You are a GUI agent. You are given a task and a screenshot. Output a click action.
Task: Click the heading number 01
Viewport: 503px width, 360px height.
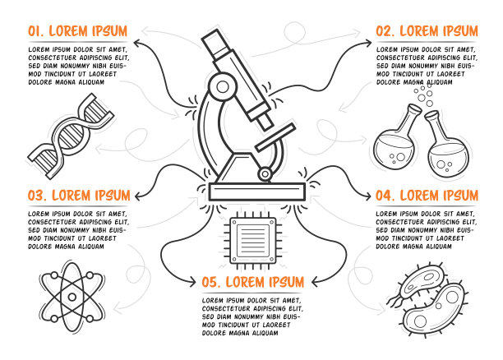35,31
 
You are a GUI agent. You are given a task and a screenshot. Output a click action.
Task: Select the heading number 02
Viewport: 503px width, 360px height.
385,31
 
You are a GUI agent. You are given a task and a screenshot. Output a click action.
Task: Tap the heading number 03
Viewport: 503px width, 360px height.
37,196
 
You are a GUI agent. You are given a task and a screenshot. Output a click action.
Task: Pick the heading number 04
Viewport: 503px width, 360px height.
385,196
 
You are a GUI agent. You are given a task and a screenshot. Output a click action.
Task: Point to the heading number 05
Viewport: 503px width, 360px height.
211,283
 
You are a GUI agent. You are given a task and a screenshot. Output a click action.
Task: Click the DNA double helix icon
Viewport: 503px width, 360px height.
71,136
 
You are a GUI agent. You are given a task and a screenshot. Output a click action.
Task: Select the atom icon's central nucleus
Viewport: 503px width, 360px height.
72,297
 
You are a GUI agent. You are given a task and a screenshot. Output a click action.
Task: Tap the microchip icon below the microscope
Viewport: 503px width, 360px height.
253,240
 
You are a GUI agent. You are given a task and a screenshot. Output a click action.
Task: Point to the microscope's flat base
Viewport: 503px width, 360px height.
257,192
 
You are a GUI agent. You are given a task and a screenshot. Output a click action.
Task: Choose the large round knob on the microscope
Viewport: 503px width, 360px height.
223,86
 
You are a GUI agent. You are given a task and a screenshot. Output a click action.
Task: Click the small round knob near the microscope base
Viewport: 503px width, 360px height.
265,174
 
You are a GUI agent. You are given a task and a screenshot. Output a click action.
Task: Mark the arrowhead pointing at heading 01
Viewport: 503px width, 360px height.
136,44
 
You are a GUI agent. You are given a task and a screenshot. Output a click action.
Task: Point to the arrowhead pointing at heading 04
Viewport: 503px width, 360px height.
367,196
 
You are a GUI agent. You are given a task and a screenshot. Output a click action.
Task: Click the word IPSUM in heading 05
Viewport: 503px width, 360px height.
284,283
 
